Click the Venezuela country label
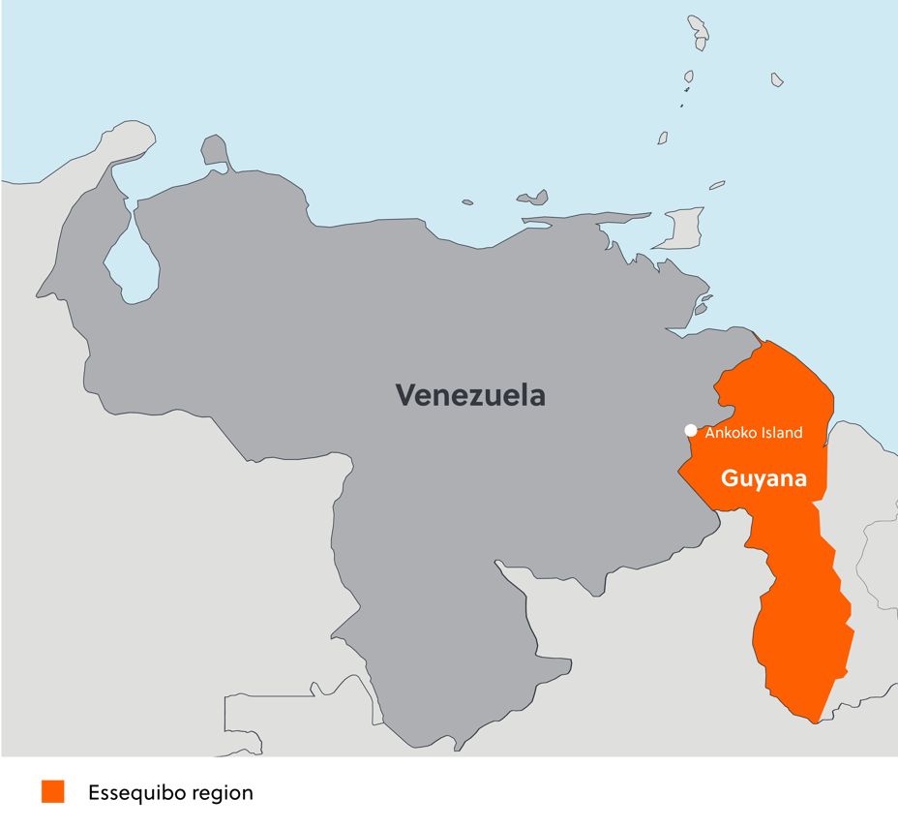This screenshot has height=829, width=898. click(469, 395)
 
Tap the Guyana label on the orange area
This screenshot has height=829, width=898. click(763, 478)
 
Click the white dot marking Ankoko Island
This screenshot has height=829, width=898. click(691, 431)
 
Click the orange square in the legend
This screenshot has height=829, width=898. click(53, 792)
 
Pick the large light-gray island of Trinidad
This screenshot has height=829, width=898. click(684, 229)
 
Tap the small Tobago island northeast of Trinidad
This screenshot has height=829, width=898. click(716, 185)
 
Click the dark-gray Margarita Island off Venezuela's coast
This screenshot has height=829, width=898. click(533, 199)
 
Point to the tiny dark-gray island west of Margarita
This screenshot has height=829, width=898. click(467, 202)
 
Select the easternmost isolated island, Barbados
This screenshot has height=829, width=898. click(777, 79)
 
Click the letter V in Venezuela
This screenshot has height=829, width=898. click(404, 396)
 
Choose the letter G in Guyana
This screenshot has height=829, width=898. click(730, 478)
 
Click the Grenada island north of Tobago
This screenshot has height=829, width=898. click(663, 138)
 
